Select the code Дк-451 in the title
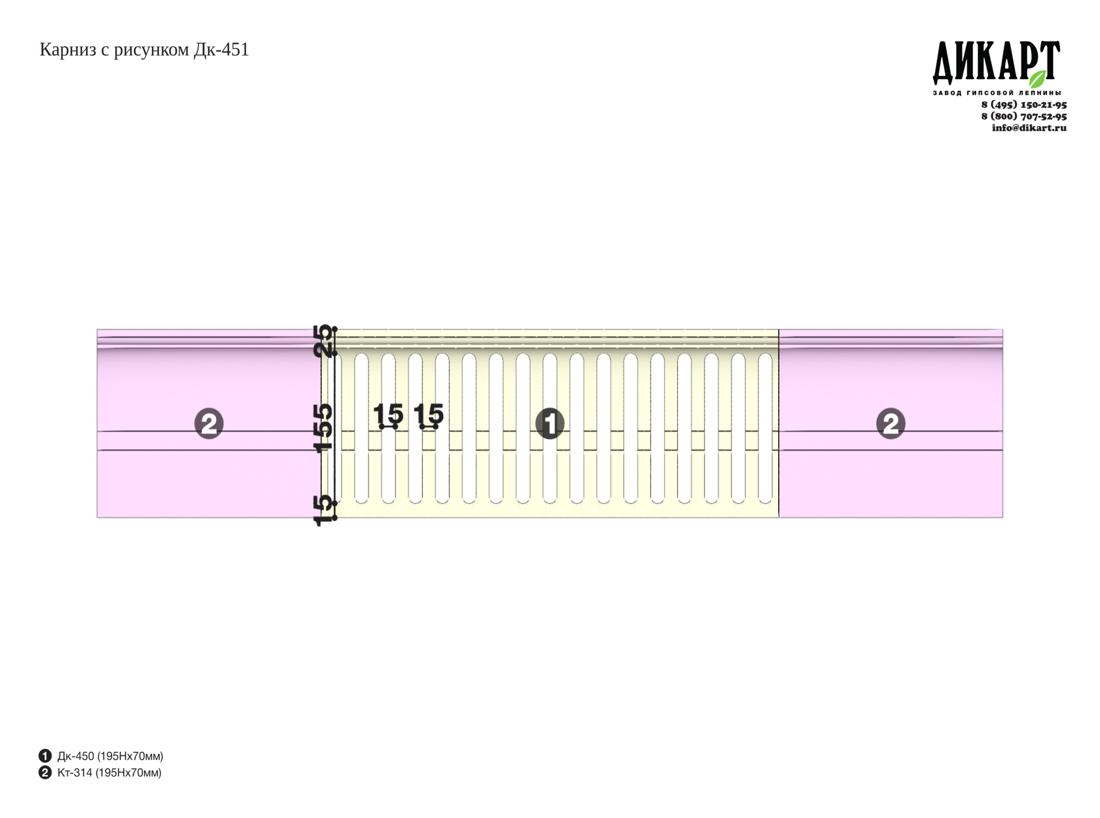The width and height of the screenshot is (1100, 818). click(221, 50)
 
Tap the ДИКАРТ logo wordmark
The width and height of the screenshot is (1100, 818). click(997, 62)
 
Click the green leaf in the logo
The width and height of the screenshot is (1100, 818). click(1037, 79)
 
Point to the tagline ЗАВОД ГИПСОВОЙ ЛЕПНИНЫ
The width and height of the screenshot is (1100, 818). click(997, 93)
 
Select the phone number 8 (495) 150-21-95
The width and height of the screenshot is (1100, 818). click(1024, 105)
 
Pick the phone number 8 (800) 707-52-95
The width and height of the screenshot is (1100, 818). click(1024, 116)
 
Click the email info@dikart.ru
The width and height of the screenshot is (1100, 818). click(1029, 128)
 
